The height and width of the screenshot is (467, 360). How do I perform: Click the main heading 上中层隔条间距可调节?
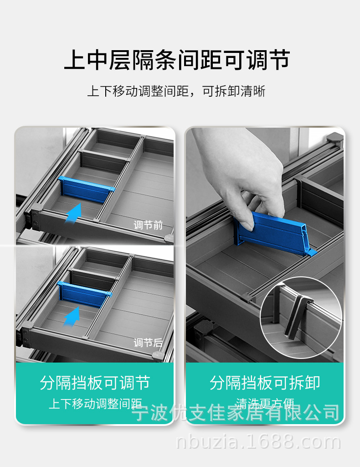(x=177, y=61)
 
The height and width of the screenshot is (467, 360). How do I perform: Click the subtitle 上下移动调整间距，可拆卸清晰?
(x=176, y=91)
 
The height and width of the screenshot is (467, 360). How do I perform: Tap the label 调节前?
(x=148, y=225)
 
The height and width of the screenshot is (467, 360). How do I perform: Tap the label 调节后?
(x=148, y=343)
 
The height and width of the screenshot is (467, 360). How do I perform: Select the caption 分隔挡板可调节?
(x=95, y=383)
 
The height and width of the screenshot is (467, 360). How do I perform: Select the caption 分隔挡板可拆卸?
(x=265, y=383)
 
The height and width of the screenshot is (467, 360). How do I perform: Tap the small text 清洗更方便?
(x=265, y=403)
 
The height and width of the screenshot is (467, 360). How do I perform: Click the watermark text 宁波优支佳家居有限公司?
(x=236, y=413)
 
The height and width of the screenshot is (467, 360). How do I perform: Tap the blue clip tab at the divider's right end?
(x=311, y=251)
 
